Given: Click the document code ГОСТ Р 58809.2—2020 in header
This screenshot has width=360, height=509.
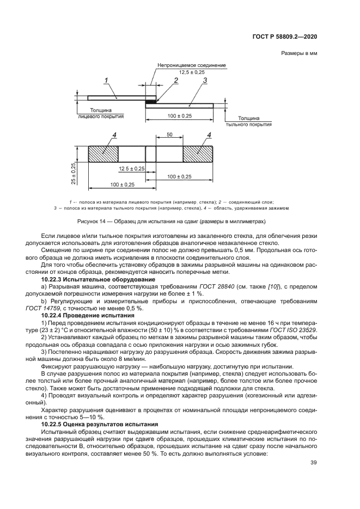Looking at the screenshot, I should (x=292, y=36).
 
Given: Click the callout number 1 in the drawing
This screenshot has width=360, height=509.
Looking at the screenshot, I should (x=107, y=80).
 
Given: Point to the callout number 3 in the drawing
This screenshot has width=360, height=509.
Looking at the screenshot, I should (x=204, y=81).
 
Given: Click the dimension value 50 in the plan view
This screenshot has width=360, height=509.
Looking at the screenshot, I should (x=169, y=134).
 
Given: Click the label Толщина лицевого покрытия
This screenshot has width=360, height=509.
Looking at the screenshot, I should (x=102, y=113).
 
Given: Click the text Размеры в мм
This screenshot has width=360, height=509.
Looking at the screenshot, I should (x=299, y=53).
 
